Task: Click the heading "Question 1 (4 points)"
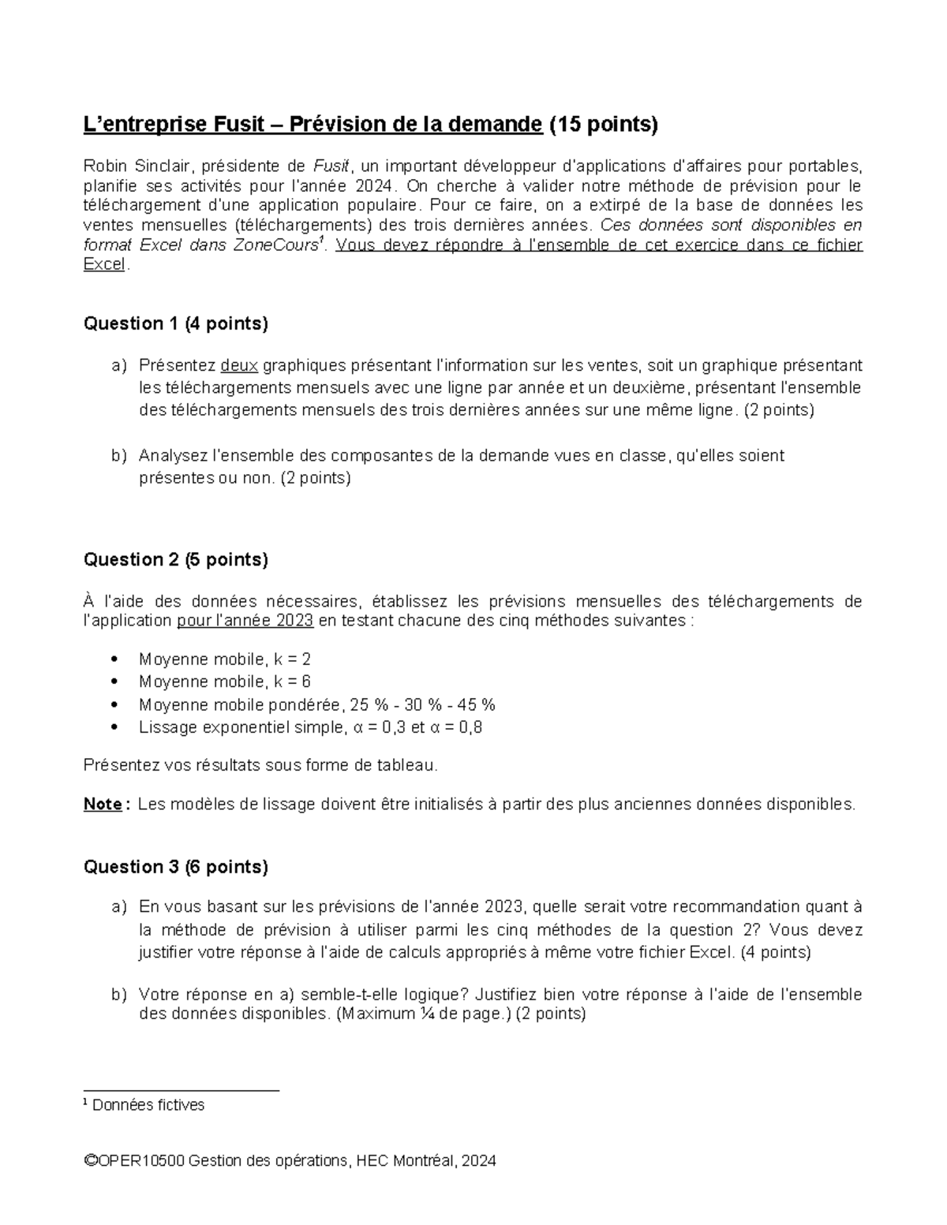[x=175, y=323]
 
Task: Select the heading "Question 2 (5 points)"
[x=175, y=560]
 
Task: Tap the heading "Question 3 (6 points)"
[x=175, y=867]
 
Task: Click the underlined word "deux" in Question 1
[x=239, y=365]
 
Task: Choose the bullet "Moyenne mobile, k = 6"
[x=224, y=682]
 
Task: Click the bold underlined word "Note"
[x=102, y=805]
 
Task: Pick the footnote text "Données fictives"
[x=148, y=1105]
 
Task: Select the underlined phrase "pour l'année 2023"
[x=245, y=621]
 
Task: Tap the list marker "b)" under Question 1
[x=118, y=456]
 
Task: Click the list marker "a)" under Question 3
[x=118, y=907]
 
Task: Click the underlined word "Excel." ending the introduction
[x=105, y=265]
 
